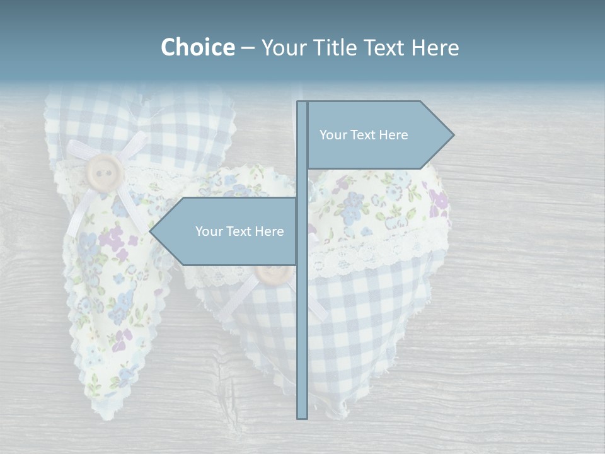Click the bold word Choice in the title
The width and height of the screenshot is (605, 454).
coord(197,47)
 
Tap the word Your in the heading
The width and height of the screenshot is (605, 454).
coord(285,47)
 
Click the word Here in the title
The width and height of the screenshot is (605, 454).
coord(435,47)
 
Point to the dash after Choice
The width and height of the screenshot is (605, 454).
coord(248,48)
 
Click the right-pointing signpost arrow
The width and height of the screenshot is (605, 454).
coord(378,135)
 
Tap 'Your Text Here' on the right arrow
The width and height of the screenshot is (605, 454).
coord(364,135)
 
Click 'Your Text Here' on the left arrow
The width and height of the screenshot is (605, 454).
coord(239,231)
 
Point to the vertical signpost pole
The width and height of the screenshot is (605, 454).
coord(302,315)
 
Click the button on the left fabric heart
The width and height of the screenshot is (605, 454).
coord(105,171)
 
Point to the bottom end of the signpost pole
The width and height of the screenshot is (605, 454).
coord(302,416)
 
